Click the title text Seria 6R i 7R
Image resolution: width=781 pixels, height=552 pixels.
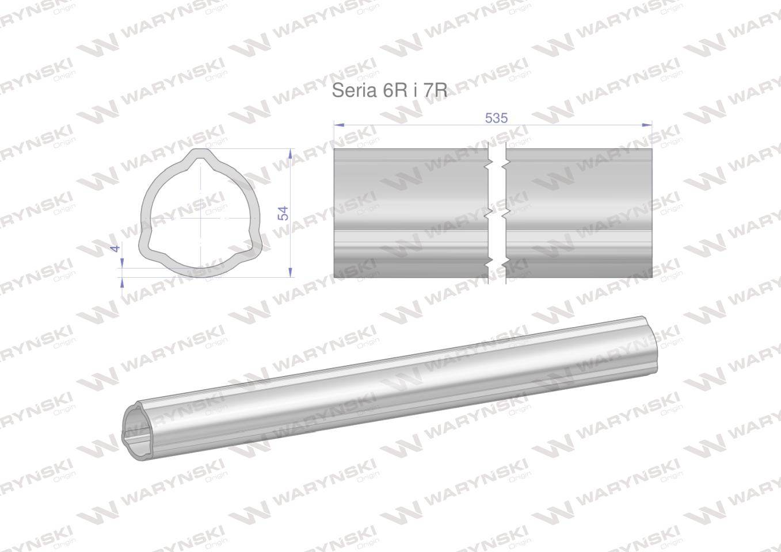point(390,90)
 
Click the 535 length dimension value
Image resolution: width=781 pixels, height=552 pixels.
point(497,118)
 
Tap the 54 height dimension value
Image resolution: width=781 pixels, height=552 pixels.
point(284,213)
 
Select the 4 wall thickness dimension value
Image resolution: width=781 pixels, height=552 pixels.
point(116,248)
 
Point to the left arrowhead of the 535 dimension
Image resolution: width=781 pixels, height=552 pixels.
point(339,125)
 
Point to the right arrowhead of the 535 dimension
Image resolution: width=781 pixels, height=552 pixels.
point(647,125)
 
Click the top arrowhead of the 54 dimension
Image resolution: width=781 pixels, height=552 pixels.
point(290,154)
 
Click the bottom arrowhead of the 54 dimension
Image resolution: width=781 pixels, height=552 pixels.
point(290,272)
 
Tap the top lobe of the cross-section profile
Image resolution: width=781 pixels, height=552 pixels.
point(200,154)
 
